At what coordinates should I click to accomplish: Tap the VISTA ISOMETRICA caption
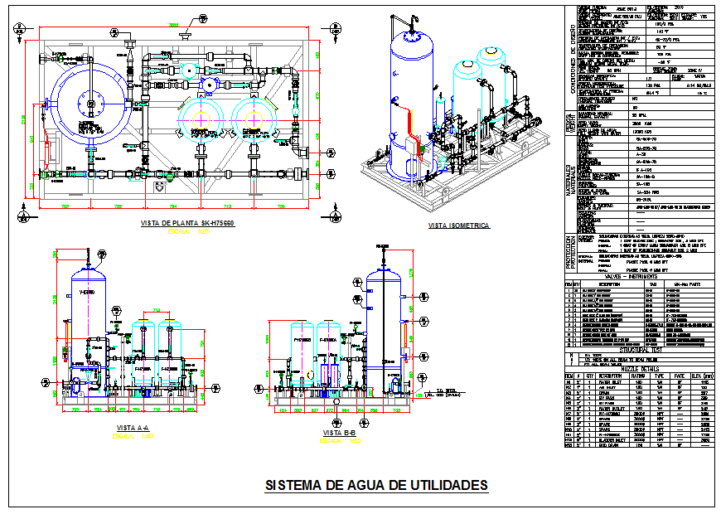tap(458, 225)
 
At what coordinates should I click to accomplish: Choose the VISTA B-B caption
tap(341, 432)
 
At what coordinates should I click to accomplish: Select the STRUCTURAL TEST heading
tap(636, 350)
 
